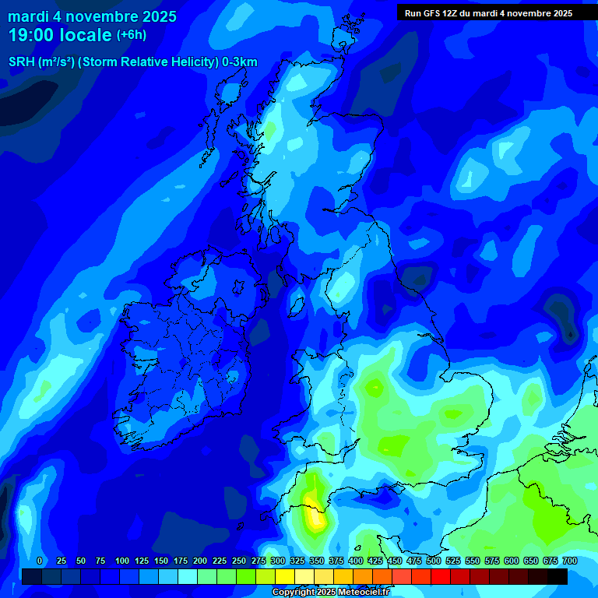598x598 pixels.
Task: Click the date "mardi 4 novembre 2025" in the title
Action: click(x=92, y=16)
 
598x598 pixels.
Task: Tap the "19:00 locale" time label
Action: click(x=60, y=35)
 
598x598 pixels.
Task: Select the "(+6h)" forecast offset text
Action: click(x=131, y=35)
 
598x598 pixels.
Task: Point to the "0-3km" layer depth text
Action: click(x=240, y=62)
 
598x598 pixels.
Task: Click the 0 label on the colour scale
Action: click(x=40, y=561)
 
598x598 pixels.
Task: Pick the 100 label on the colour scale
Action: click(x=122, y=561)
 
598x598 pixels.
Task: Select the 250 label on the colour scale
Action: click(x=239, y=561)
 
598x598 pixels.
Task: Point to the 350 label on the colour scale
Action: click(x=317, y=561)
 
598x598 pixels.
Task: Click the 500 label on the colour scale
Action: click(x=434, y=561)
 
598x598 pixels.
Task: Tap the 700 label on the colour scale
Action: click(x=569, y=561)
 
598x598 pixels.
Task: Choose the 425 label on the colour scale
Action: click(x=375, y=561)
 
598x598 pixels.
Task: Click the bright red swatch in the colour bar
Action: click(x=441, y=576)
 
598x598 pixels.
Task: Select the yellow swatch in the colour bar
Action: click(x=285, y=576)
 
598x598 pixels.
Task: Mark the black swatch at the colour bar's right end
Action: click(x=558, y=576)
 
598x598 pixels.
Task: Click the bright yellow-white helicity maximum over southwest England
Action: click(x=316, y=517)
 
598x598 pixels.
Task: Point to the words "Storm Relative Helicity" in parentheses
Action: click(x=147, y=62)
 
